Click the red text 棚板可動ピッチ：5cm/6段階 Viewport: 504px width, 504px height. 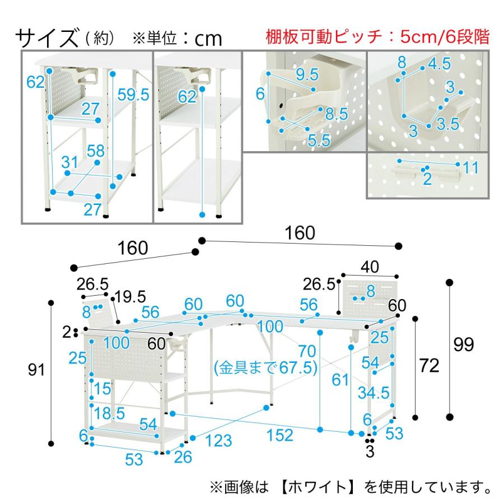coord(377,38)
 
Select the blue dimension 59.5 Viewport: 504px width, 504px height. coord(134,95)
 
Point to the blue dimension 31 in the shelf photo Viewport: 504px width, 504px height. coord(69,162)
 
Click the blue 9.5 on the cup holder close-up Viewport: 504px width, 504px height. coord(307,74)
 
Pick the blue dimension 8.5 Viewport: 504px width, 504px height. coord(337,115)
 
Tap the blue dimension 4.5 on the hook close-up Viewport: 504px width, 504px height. coord(439,64)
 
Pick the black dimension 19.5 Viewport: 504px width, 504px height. coord(130,296)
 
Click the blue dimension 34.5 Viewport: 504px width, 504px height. coord(375,393)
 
